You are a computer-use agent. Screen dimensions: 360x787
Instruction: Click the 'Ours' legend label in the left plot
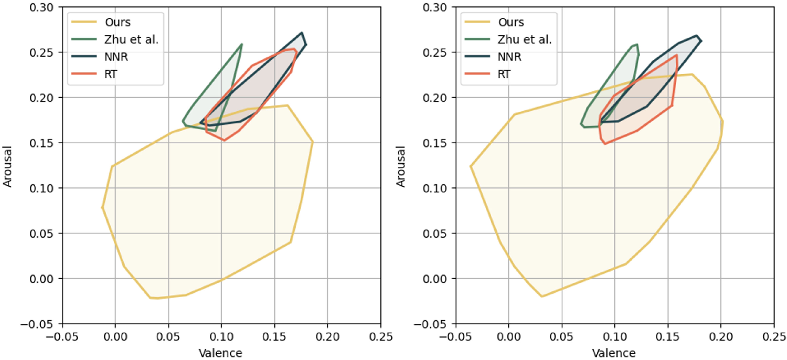[117, 23]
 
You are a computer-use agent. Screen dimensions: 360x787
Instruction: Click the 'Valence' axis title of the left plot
[220, 352]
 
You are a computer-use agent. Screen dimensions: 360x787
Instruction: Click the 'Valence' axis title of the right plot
[614, 352]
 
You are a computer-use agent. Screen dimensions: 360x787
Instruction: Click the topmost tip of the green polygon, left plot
[241, 44]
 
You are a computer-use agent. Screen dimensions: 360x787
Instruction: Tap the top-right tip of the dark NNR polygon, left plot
[302, 33]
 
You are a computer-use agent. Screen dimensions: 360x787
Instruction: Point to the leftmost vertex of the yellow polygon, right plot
[470, 166]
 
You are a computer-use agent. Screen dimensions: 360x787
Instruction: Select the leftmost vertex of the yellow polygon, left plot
[102, 208]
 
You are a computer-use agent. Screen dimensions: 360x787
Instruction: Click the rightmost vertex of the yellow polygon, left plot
[313, 142]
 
